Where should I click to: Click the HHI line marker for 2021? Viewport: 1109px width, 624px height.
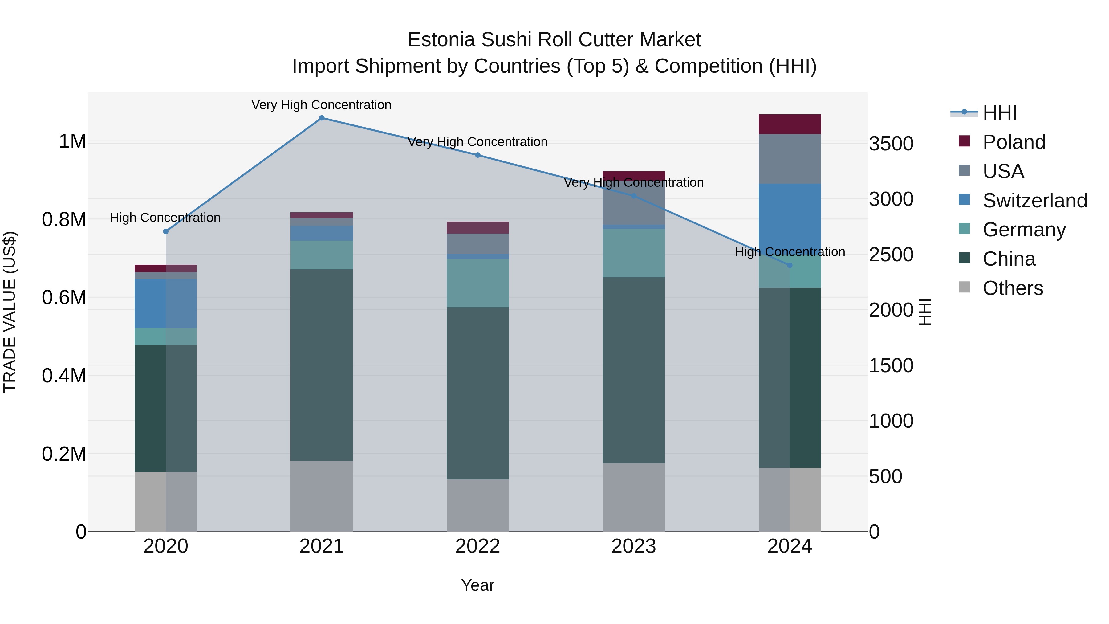(322, 118)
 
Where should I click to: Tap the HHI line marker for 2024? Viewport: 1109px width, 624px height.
(790, 265)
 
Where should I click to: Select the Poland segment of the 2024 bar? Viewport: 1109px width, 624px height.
(790, 124)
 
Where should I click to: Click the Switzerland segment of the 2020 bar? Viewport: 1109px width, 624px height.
(166, 303)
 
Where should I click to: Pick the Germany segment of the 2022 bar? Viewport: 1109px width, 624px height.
(477, 283)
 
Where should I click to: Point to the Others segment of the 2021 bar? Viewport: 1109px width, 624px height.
(322, 496)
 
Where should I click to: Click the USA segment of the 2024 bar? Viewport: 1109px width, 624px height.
(790, 159)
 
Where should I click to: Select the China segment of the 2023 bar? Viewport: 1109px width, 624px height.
(633, 370)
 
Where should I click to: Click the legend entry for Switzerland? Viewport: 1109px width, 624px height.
(1034, 201)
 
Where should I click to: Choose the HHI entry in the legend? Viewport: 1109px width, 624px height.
(1000, 113)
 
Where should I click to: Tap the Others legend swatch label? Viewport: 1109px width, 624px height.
(1013, 288)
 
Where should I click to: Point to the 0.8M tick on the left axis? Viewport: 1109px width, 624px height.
(64, 220)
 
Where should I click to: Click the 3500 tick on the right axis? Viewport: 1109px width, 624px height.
(891, 144)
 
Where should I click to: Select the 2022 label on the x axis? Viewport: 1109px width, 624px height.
(477, 546)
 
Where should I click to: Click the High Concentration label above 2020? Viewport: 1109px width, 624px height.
(165, 218)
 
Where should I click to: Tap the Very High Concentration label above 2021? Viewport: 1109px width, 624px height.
(321, 105)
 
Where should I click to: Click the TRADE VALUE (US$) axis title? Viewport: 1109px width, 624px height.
(10, 312)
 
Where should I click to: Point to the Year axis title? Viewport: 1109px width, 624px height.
(477, 585)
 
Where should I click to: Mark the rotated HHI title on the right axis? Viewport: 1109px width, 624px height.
(925, 312)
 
